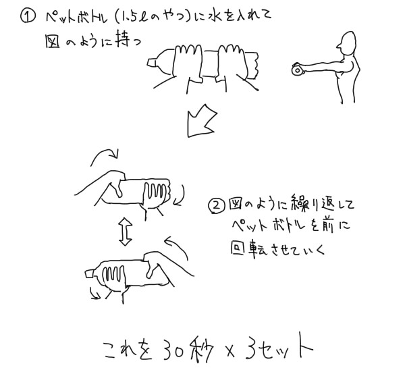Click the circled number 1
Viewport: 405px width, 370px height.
click(x=28, y=16)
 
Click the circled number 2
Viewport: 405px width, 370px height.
click(x=217, y=206)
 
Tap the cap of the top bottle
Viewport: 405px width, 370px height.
click(x=151, y=63)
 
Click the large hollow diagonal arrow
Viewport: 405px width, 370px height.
click(x=201, y=121)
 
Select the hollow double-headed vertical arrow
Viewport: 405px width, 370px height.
click(x=126, y=232)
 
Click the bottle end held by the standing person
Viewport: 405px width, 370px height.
click(x=297, y=70)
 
